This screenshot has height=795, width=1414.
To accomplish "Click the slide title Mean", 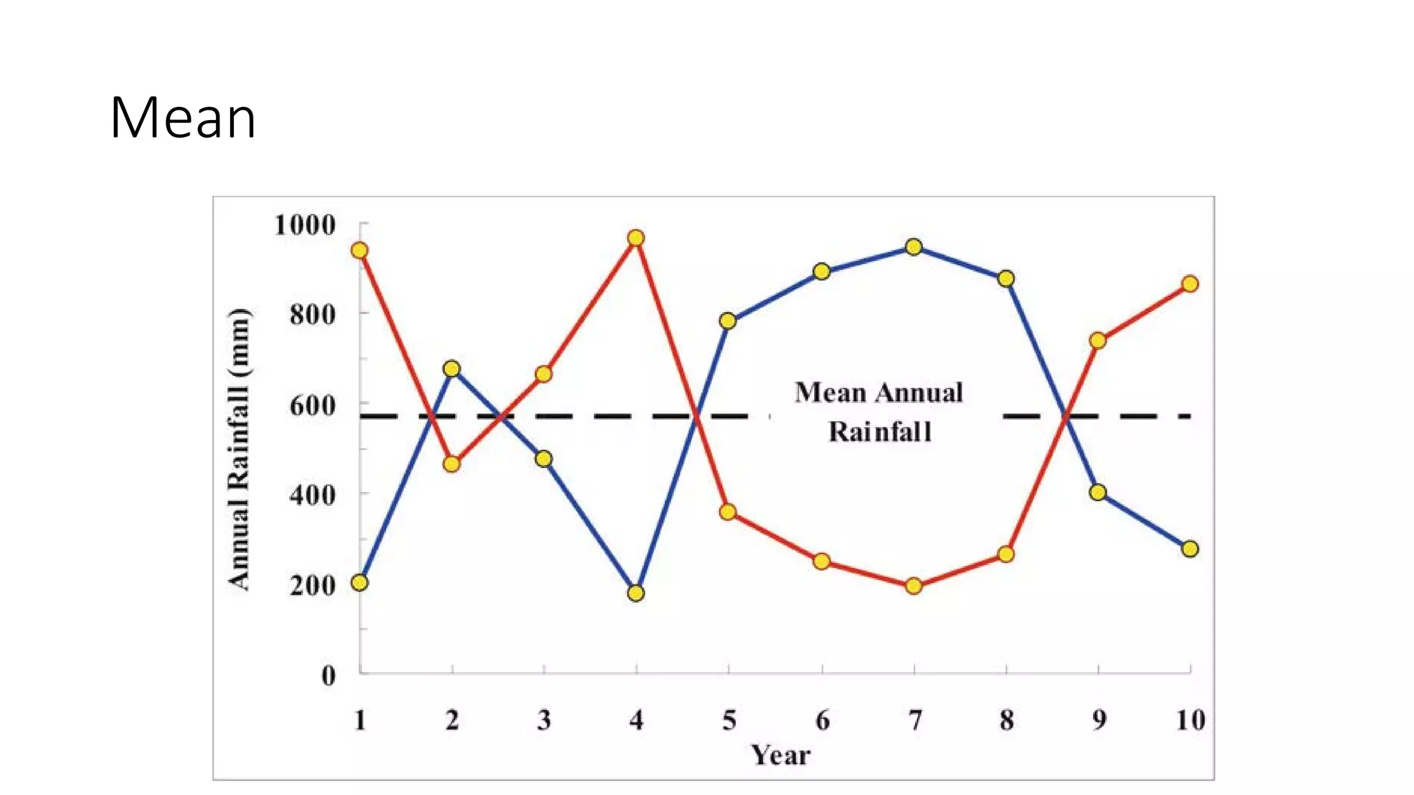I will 183,118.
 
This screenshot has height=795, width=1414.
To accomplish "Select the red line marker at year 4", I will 636,238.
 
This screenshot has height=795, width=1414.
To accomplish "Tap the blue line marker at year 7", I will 913,247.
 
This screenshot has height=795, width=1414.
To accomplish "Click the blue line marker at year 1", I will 360,582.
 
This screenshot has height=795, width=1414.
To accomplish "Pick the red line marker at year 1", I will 360,250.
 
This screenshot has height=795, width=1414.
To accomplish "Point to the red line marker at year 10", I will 1190,284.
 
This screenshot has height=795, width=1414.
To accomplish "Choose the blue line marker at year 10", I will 1190,549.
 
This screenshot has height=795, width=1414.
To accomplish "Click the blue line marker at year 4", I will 636,593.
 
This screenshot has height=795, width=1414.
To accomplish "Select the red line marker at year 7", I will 913,586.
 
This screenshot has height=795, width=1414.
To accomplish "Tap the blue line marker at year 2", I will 452,369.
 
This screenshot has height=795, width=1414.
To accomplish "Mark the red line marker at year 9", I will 1098,340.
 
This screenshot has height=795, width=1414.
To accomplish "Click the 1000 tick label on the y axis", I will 304,225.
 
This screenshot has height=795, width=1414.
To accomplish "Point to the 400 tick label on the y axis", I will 312,495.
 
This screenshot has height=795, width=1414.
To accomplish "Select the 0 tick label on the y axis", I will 329,675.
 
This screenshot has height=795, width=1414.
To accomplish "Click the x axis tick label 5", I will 729,720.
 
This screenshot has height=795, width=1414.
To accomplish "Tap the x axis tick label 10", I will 1190,720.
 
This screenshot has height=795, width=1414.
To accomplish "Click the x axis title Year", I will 780,755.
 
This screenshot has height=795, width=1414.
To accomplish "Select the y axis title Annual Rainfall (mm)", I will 239,449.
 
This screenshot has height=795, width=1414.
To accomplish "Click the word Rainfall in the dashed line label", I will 880,432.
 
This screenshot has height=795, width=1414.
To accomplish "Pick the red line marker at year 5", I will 728,512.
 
